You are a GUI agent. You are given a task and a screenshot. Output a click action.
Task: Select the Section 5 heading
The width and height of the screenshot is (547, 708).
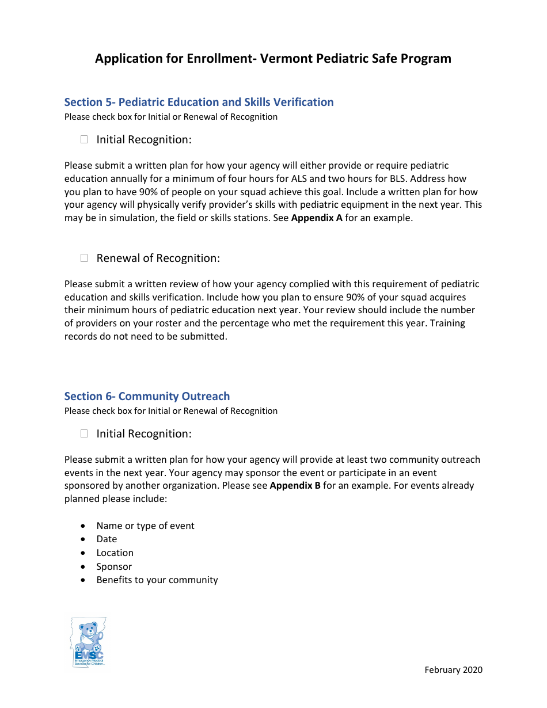199,102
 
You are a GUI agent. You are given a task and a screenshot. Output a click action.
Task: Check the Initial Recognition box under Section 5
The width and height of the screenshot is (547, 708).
84,139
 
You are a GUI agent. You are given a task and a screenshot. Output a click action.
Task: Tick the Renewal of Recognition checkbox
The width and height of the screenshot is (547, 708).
84,258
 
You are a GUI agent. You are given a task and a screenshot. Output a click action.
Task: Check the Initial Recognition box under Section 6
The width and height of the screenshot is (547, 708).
84,433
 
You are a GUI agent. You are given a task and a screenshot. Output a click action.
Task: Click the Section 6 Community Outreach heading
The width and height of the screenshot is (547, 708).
147,396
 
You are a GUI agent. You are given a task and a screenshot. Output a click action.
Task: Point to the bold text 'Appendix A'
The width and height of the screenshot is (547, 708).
317,218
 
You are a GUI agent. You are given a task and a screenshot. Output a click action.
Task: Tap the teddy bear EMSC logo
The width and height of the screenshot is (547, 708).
88,642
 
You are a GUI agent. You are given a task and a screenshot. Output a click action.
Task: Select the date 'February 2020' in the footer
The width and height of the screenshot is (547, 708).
453,669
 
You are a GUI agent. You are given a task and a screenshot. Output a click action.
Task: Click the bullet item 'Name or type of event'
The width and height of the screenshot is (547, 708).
145,526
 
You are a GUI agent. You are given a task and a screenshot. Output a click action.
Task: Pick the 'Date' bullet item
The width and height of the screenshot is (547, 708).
107,539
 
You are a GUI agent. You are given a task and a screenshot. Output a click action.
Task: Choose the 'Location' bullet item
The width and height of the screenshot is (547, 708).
115,553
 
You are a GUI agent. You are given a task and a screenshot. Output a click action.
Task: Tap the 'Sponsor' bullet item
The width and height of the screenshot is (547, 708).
114,566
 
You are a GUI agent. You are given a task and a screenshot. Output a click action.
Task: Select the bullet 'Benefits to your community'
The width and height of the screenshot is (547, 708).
157,580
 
